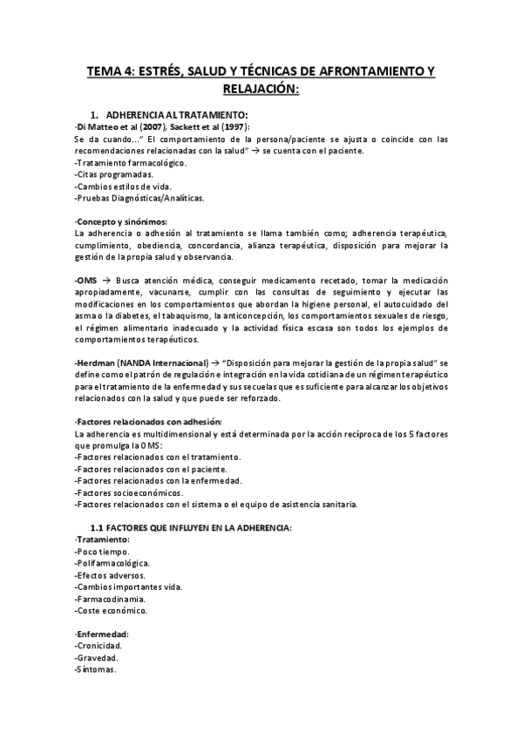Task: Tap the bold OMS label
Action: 86,281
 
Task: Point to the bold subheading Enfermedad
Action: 103,634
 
